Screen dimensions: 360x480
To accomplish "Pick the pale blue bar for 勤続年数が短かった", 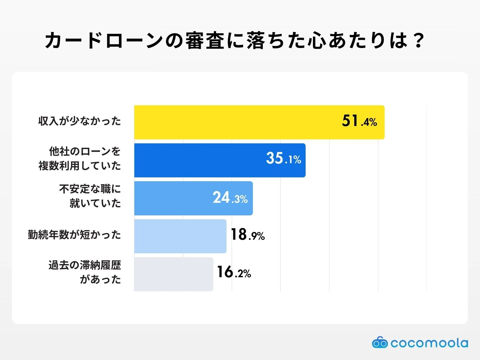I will (180, 236).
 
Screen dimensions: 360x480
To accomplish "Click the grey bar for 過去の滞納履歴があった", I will (173, 274).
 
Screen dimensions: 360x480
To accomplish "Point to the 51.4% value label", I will (359, 121).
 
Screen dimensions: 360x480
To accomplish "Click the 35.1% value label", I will (283, 158).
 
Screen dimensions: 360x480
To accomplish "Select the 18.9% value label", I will (247, 235).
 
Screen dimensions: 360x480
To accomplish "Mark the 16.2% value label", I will (234, 272).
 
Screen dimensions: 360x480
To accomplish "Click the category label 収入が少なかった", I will (79, 121).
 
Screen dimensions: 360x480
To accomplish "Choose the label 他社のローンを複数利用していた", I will (80, 158).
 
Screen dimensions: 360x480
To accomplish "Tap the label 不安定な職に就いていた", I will (90, 196).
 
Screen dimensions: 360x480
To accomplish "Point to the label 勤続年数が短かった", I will (74, 235).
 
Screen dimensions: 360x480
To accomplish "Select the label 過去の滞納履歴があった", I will (85, 272).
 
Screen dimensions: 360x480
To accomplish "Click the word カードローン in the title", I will (104, 40).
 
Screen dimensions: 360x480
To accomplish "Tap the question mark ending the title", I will (418, 40).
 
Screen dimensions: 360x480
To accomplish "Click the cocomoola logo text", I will (429, 343).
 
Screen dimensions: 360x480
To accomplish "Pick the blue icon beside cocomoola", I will (380, 343).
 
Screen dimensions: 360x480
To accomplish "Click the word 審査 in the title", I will (205, 40).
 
